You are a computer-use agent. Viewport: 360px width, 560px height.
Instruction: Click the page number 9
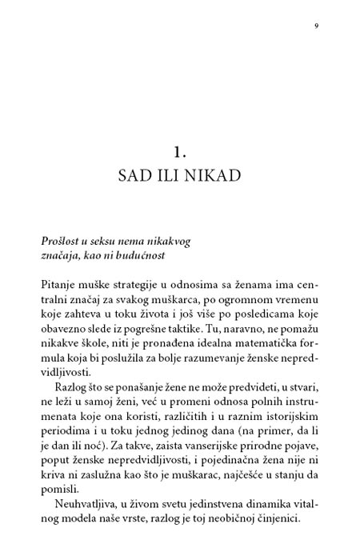317,26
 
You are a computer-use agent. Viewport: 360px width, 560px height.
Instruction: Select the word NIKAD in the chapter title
213,174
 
